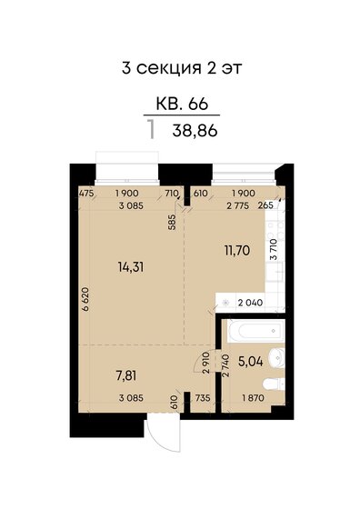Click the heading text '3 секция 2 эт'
pos(182,68)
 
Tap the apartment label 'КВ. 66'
pos(182,104)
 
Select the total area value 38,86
pos(195,131)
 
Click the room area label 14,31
pos(131,268)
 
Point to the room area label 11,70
pos(237,251)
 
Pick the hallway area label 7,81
pos(126,376)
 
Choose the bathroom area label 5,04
pos(251,362)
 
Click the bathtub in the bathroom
pos(256,331)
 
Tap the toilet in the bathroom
pos(274,384)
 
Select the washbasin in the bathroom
pos(276,357)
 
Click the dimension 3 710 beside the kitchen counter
pos(274,250)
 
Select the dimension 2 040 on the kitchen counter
pos(250,303)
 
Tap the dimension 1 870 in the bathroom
pos(253,398)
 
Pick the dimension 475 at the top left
pos(86,193)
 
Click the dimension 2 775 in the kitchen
pos(237,205)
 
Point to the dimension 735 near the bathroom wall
pos(203,398)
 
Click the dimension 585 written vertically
pos(172,222)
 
